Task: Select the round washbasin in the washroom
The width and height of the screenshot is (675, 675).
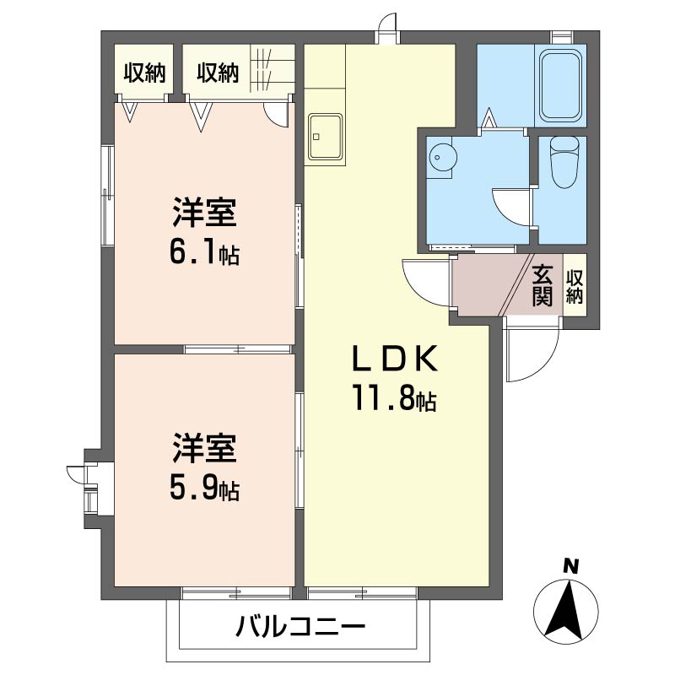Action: click(x=441, y=157)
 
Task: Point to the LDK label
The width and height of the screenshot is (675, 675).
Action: click(x=394, y=360)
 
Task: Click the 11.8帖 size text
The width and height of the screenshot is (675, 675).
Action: click(x=394, y=400)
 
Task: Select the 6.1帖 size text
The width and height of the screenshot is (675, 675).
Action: click(x=203, y=252)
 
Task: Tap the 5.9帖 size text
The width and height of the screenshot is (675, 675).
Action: click(x=203, y=487)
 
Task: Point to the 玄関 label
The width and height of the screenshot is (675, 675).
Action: click(x=543, y=285)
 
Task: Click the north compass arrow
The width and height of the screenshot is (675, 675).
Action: click(x=566, y=609)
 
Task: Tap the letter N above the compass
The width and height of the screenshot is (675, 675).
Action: click(x=571, y=567)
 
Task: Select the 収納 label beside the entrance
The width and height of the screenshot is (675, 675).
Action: click(x=575, y=286)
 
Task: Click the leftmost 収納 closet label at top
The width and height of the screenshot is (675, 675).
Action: click(x=143, y=73)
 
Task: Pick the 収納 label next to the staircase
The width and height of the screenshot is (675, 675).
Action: click(x=218, y=73)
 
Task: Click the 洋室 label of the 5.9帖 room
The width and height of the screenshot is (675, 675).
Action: click(x=203, y=448)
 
